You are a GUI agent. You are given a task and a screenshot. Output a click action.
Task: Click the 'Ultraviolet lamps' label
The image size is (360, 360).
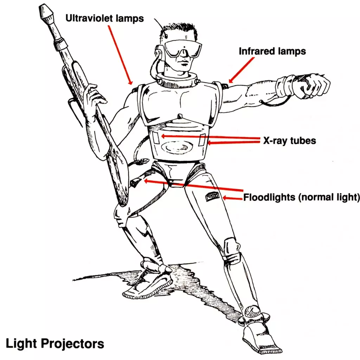(x=104, y=18)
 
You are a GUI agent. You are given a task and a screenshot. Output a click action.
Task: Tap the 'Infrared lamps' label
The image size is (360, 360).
(x=272, y=51)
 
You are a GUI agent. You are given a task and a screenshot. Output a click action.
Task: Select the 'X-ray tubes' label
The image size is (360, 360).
(x=290, y=141)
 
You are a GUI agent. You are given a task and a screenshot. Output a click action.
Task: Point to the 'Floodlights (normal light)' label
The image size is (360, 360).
(x=301, y=197)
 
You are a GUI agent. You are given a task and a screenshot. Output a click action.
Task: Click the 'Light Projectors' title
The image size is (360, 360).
(x=55, y=344)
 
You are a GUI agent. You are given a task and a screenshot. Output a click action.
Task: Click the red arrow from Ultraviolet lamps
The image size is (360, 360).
(x=120, y=55)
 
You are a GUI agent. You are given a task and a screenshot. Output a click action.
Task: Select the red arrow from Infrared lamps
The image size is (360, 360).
(x=242, y=70)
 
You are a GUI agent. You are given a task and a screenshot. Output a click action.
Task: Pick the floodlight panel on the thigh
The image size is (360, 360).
(x=212, y=197)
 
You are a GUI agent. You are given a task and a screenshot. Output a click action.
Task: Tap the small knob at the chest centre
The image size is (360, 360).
(x=180, y=116)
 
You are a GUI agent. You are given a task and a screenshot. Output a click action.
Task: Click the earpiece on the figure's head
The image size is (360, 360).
(x=159, y=53)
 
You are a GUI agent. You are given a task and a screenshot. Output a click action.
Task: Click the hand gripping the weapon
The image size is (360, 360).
(x=94, y=96)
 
